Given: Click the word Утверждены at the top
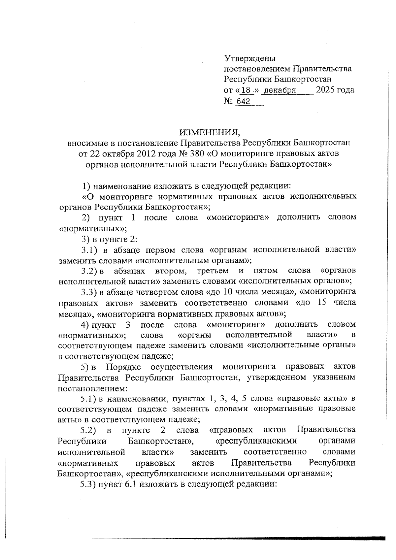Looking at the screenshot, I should click(249, 59).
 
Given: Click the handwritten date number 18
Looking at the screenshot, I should click(246, 90).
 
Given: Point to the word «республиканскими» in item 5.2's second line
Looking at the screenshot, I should click(256, 441).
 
